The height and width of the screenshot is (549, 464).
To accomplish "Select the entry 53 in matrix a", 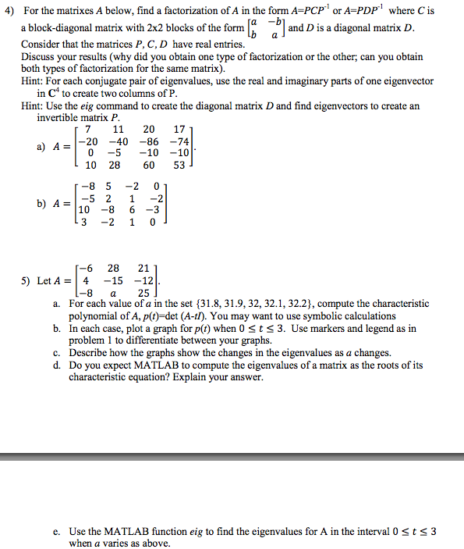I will tap(179, 165).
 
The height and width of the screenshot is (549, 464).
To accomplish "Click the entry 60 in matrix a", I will tap(147, 165).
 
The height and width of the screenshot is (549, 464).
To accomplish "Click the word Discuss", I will tap(38, 57).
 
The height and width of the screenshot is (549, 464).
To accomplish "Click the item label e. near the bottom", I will tap(57, 531).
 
